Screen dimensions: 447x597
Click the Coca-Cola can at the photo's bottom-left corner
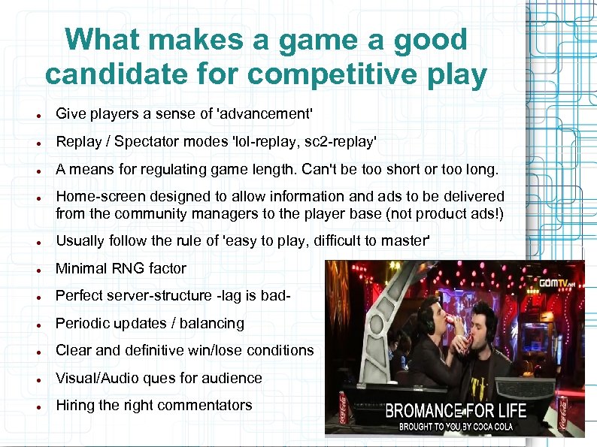(340, 409)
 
